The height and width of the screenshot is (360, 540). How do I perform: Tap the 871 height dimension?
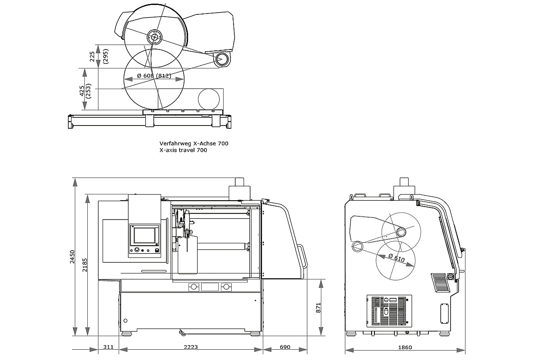[x=319, y=307]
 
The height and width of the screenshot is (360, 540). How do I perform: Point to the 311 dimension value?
[x=108, y=347]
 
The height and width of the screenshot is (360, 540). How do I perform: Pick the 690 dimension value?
[x=285, y=347]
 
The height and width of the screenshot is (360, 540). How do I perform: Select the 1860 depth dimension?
[x=405, y=347]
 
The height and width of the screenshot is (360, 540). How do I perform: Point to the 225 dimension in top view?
[x=92, y=56]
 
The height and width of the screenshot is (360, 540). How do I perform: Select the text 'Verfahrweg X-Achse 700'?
[x=194, y=143]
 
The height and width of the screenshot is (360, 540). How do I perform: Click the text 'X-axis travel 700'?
[x=183, y=150]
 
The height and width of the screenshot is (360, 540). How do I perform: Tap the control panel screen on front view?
[x=144, y=235]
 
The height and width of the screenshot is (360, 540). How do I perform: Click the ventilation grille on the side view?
[x=440, y=283]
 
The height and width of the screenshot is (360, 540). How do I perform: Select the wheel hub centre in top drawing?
[x=153, y=37]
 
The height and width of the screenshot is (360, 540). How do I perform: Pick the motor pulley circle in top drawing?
[x=221, y=59]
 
